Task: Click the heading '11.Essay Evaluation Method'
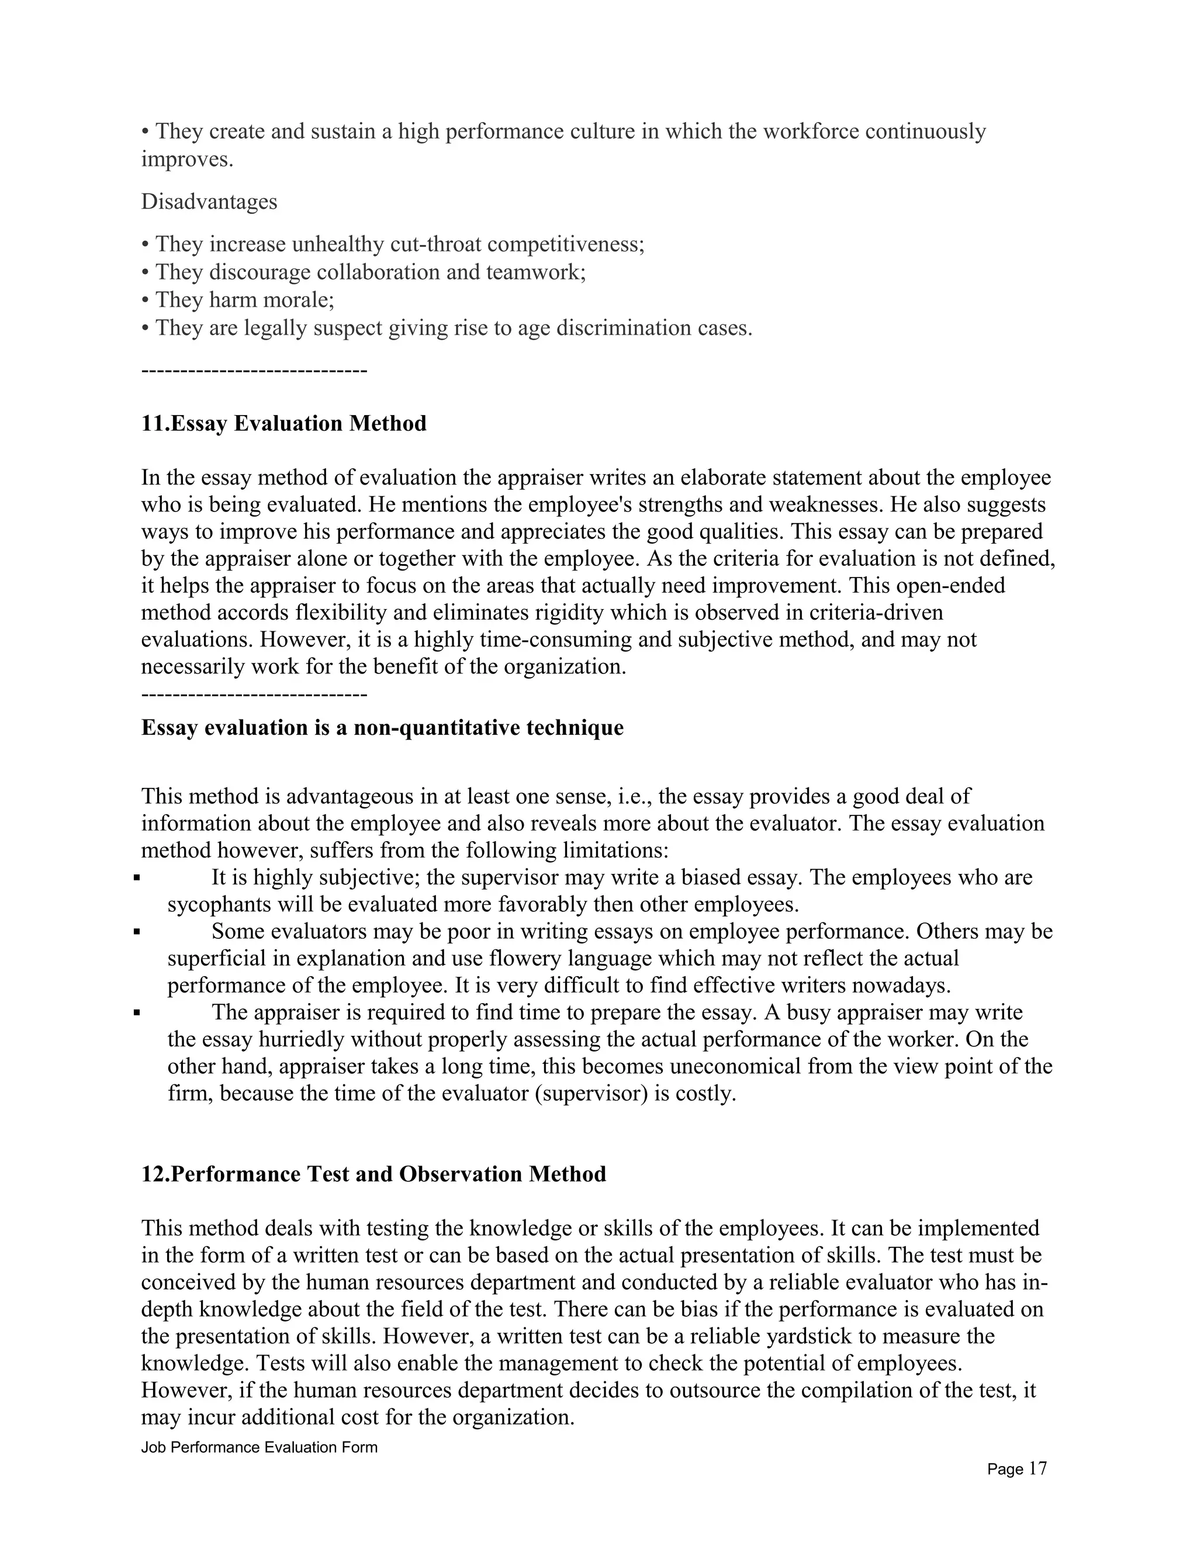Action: click(283, 423)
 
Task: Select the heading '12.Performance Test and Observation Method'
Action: click(373, 1174)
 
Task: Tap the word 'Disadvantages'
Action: click(209, 202)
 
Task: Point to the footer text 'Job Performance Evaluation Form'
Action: click(260, 1447)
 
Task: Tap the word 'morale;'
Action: click(298, 300)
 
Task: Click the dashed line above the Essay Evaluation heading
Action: click(254, 371)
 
